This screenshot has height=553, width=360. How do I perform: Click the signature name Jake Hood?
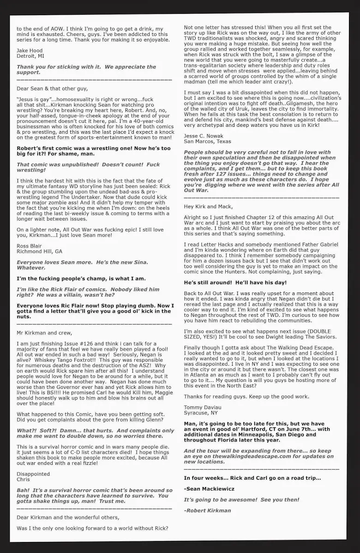click(30, 50)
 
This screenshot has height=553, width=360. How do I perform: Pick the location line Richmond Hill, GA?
click(39, 251)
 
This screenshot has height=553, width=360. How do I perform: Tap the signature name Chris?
click(23, 479)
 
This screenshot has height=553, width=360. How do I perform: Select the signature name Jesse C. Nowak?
click(204, 136)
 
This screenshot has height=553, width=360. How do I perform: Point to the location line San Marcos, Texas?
click(207, 142)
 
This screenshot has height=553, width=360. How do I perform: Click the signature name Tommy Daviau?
click(203, 407)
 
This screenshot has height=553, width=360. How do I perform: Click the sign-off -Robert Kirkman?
click(207, 510)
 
